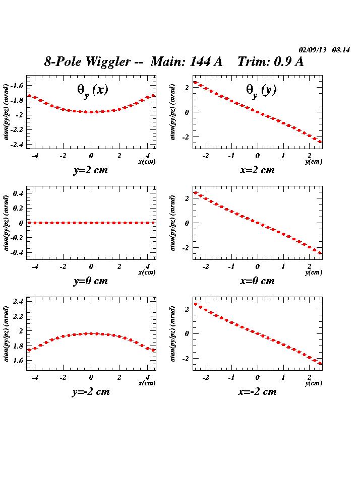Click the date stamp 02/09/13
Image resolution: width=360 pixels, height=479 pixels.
coord(313,50)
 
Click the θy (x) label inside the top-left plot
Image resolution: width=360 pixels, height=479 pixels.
coord(92,90)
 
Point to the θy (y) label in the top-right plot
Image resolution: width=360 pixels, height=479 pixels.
coord(261,90)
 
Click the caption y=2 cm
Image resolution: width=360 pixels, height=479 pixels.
coord(91,170)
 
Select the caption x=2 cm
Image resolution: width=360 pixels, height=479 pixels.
coord(258,170)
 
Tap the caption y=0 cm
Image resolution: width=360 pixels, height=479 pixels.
coord(91,281)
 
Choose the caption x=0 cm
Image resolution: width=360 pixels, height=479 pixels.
coord(258,281)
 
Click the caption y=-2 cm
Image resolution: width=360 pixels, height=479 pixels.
coord(91,392)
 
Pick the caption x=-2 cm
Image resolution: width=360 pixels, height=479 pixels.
coord(258,392)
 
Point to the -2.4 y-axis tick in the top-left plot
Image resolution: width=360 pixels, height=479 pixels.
coord(17,145)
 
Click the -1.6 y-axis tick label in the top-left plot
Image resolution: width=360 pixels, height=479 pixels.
coord(17,86)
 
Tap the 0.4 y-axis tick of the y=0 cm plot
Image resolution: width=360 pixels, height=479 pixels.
coord(19,193)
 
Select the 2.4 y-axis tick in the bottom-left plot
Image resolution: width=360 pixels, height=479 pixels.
coord(19,301)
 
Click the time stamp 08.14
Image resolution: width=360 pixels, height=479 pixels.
coord(341,50)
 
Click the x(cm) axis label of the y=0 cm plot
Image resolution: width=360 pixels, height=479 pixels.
coord(147,272)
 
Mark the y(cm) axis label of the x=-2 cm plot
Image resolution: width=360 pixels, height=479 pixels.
coord(314,383)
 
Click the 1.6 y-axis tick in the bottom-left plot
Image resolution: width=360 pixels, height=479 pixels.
coord(19,361)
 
